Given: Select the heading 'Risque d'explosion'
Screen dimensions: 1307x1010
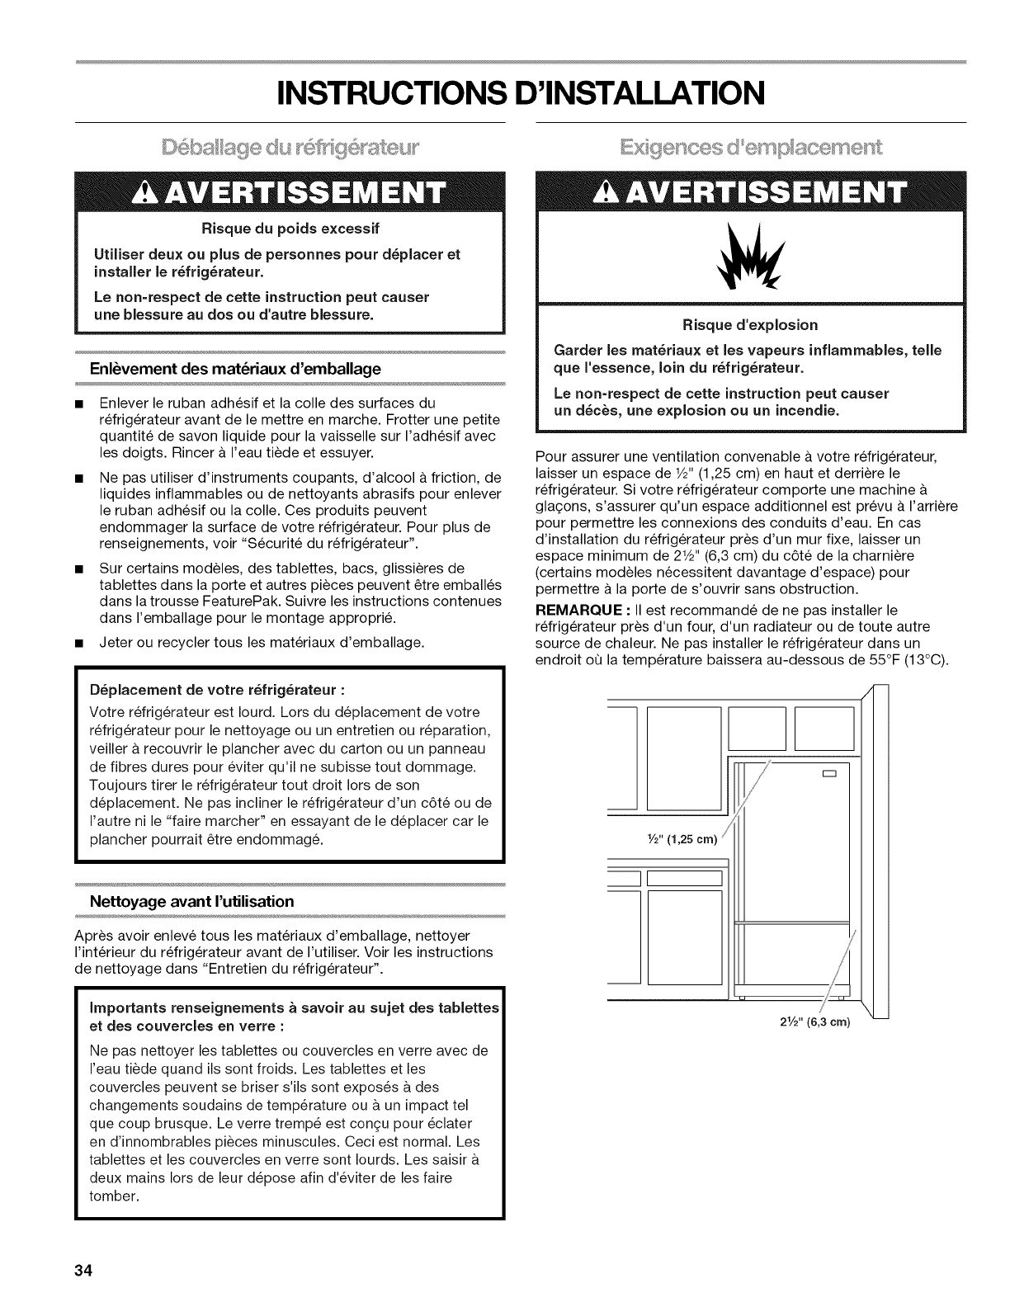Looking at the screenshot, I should pyautogui.click(x=751, y=324).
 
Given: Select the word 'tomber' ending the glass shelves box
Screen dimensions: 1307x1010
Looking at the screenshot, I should pyautogui.click(x=113, y=1196).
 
